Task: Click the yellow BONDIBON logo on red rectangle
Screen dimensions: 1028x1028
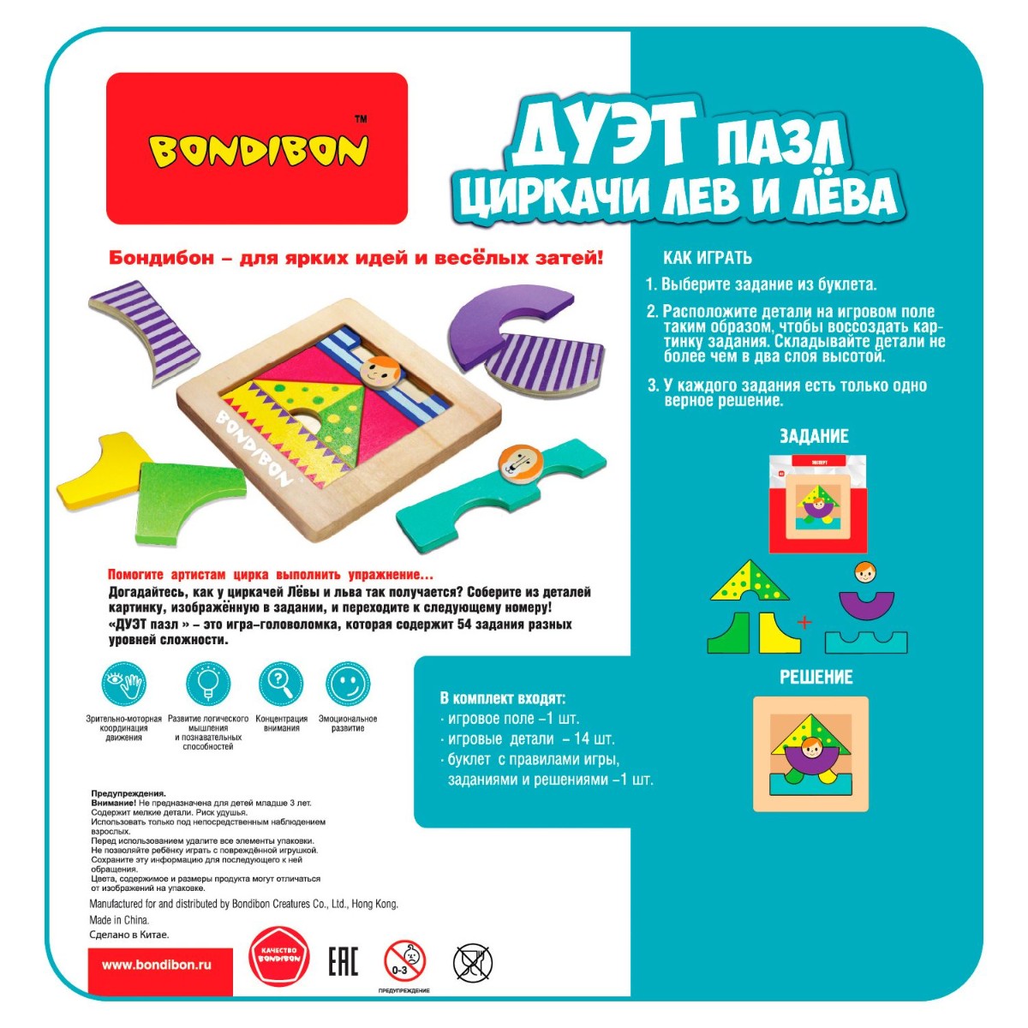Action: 258,151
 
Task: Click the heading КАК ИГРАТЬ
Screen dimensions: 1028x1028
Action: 708,258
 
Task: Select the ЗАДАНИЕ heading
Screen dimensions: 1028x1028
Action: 814,436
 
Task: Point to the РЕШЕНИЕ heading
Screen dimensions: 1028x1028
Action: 816,677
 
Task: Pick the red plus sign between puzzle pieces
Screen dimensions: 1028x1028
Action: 804,622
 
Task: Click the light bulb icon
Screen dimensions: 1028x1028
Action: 208,684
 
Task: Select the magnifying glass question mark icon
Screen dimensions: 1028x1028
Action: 281,684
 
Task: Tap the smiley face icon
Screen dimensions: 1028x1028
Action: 348,684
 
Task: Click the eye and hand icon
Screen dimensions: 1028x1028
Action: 123,684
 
